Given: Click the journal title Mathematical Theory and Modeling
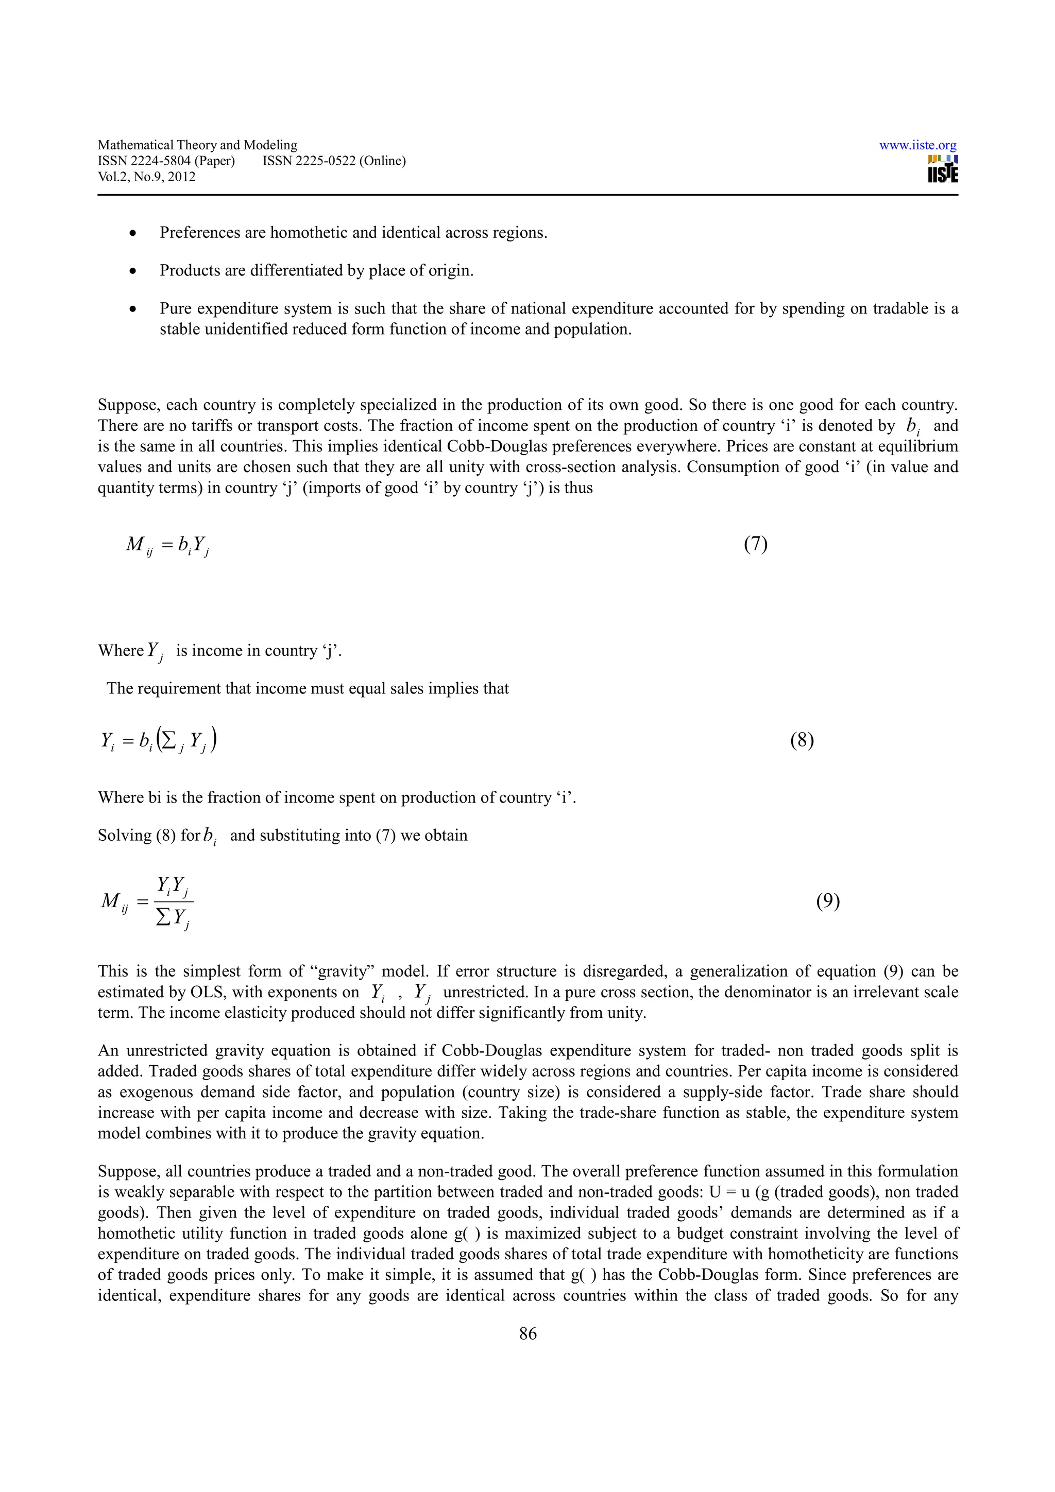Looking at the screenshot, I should click(x=197, y=145).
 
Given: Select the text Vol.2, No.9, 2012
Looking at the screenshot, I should click(x=146, y=177).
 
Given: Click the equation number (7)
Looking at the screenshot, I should click(x=755, y=544).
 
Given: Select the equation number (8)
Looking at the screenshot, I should click(x=802, y=740).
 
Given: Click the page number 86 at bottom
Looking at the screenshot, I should click(x=528, y=1333).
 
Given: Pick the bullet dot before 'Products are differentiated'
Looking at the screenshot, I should click(x=133, y=271).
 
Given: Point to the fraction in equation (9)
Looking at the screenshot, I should click(x=174, y=902).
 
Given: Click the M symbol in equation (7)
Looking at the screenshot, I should click(x=135, y=543).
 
